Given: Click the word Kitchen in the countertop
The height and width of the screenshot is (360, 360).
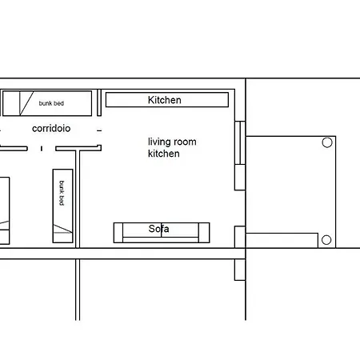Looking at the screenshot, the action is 165,100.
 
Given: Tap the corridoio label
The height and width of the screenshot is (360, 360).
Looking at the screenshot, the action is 51,129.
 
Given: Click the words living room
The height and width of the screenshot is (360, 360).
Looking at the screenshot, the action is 172,142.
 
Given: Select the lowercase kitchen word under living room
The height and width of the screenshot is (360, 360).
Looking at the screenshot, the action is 164,154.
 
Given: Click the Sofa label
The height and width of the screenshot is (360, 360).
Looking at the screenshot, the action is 158,229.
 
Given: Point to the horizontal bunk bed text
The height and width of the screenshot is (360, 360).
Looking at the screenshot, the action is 51,103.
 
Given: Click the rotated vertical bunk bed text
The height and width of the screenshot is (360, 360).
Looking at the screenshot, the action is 62,193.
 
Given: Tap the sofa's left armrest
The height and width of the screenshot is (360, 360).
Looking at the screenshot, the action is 118,233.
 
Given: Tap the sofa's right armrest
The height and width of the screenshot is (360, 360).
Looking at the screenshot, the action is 204,233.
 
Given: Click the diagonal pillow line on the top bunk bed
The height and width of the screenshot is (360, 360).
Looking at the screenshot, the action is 26,103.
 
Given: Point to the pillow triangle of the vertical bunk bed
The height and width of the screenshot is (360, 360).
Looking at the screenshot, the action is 63,229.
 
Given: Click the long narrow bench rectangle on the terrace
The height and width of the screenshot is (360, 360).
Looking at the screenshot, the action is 282,241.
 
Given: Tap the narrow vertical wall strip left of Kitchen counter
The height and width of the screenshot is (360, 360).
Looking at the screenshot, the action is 99,102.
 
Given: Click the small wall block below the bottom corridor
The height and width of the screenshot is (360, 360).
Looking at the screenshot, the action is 240,270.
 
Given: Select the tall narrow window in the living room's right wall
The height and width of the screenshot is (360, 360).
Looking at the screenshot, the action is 240,143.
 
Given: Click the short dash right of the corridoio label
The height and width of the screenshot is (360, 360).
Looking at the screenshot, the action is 99,130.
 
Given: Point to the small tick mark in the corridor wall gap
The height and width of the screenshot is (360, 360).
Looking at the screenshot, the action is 42,149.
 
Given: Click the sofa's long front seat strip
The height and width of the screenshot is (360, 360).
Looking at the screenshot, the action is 161,240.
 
